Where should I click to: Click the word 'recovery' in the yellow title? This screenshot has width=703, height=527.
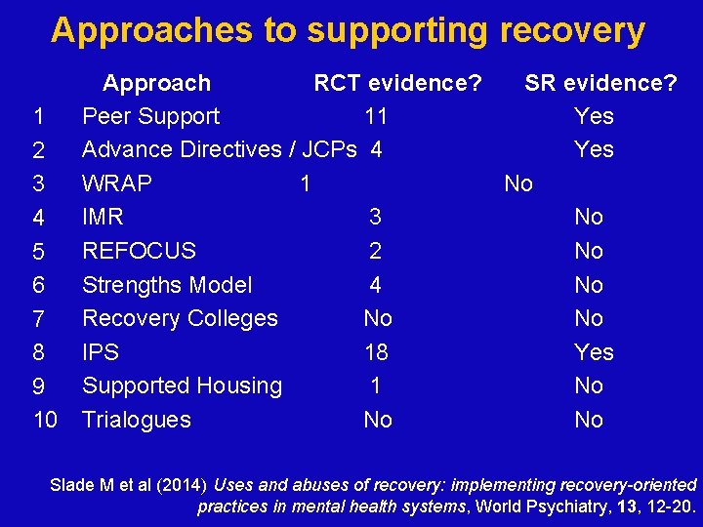coord(572,31)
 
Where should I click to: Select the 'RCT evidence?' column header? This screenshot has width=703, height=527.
coord(396,83)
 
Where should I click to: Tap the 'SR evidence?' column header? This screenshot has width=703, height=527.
coord(600,83)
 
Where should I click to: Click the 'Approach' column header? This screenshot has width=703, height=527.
coord(156,83)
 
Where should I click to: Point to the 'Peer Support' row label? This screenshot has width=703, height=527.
coord(150,117)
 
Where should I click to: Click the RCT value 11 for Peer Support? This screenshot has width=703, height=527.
coord(376,117)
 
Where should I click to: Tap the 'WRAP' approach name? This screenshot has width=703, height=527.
coord(117,183)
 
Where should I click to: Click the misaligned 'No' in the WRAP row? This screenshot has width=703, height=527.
coord(518,183)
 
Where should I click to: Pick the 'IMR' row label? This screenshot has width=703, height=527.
coord(103,217)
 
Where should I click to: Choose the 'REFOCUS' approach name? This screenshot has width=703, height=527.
coord(139,251)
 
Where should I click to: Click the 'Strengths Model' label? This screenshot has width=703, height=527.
coord(167,285)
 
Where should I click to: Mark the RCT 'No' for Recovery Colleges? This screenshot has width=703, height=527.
coord(377,318)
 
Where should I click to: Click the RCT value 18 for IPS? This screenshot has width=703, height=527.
coord(376,352)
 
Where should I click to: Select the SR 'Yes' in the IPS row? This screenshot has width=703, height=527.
coord(594,352)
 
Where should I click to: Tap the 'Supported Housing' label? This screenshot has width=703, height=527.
coord(182,385)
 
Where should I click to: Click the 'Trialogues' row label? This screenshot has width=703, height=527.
coord(137,420)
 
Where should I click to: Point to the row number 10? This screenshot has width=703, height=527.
coord(45,420)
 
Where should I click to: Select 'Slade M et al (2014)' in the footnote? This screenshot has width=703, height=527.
coord(128,485)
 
